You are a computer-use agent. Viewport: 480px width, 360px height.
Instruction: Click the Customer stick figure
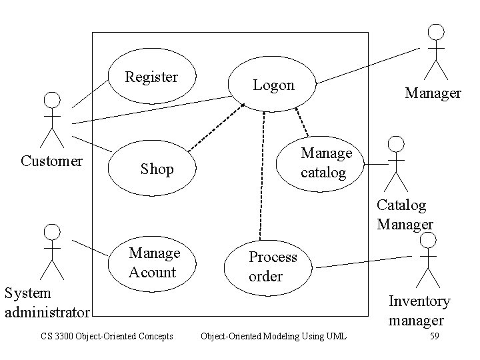coord(52,120)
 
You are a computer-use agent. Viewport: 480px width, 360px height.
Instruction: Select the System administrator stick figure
coord(52,251)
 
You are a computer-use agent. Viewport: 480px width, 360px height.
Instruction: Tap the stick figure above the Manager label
coord(436,51)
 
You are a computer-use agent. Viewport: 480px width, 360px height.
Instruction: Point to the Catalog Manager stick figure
coord(396,163)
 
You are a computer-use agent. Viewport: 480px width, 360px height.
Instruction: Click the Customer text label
coord(52,161)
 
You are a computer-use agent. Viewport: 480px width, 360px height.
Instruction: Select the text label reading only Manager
coord(433,93)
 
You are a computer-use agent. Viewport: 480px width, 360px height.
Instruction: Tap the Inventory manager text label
coord(419,310)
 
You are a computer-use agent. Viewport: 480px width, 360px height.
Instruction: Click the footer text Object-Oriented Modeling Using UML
coord(273,336)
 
